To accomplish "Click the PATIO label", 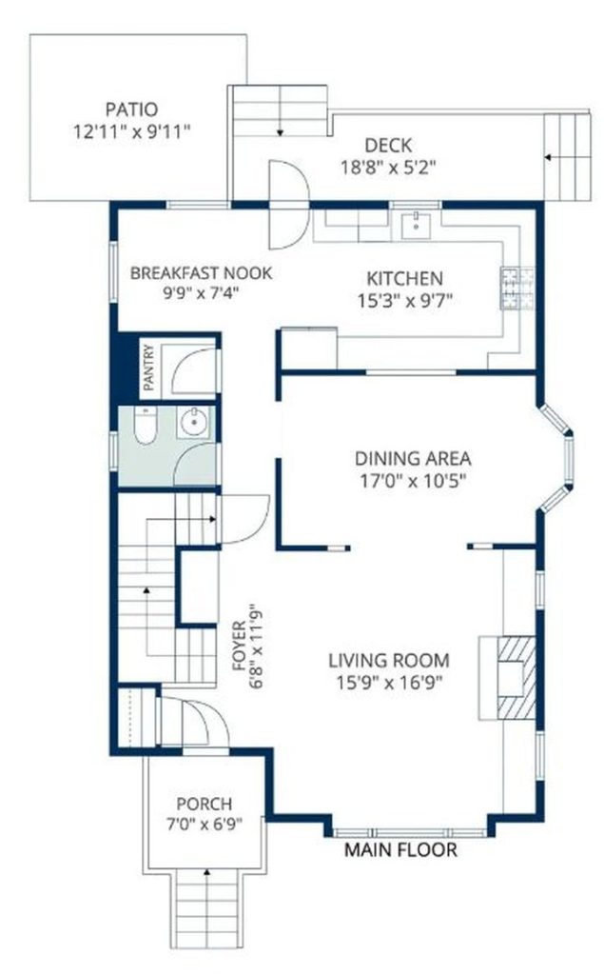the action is pos(131,109).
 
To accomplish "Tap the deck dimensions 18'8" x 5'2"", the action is pos(388,168).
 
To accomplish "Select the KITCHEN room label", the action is pos(404,278).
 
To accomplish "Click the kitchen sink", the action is pos(415,225).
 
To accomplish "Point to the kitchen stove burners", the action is pos(517,288).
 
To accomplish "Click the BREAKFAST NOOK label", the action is pos(201,272).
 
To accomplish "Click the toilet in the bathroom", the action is pos(145,425).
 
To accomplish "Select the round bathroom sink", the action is pos(194,422).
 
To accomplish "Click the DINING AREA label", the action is pos(413,459).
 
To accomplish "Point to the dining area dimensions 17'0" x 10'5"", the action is pos(413,481).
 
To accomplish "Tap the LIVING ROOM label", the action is pos(388,661).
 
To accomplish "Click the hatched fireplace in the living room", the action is pos(516,677).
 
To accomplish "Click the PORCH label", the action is pos(204,804).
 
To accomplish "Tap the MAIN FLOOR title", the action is pos(400,849).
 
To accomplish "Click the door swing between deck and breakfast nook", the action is pos(288,205).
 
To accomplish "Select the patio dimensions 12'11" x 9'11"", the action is pos(131,131).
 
